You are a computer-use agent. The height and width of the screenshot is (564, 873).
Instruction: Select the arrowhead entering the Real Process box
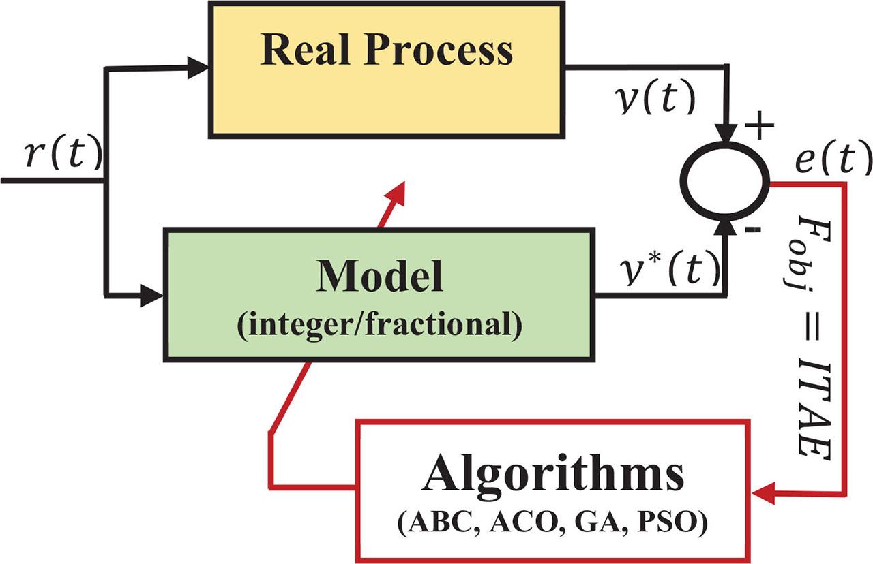pos(198,67)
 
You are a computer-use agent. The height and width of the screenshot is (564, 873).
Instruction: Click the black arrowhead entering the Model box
pos(153,296)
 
